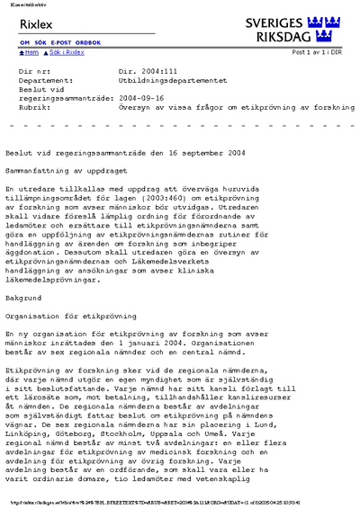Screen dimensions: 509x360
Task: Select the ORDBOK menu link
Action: (x=88, y=42)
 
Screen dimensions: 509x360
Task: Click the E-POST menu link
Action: (x=61, y=42)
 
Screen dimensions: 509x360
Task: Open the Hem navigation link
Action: (x=30, y=52)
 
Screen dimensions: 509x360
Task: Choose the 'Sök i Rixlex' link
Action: (x=67, y=52)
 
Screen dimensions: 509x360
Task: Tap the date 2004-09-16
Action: (x=140, y=97)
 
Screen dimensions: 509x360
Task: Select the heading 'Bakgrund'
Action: (x=23, y=295)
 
